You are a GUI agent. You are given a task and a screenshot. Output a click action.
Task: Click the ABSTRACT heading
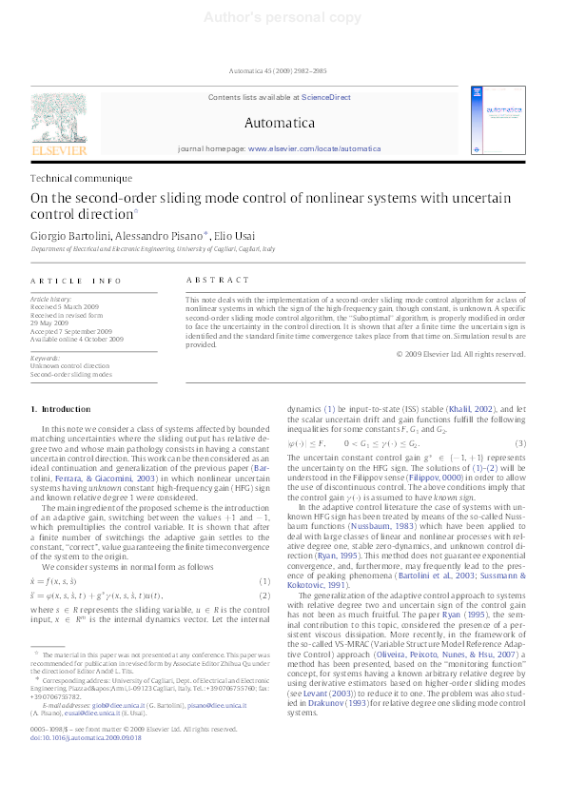click(205, 281)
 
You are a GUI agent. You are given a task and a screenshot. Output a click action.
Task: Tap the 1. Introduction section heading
click(62, 408)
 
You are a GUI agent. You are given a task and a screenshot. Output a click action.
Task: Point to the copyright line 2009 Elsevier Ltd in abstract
click(460, 354)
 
